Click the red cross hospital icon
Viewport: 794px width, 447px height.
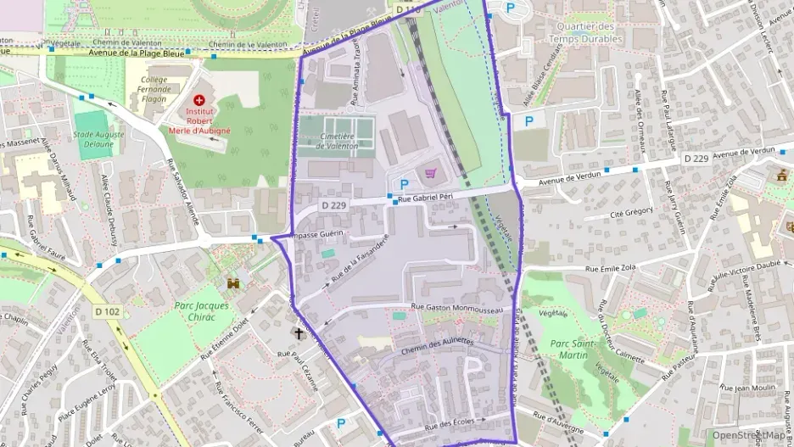198,100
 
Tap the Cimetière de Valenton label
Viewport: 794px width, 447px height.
337,141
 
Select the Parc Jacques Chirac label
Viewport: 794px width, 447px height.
201,311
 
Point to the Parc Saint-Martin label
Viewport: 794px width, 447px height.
568,349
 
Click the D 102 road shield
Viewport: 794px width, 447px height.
107,312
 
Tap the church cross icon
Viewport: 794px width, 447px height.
298,332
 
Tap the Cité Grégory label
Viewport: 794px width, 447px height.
631,213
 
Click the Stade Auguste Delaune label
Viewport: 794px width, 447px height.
94,139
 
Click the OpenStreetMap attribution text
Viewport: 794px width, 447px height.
749,434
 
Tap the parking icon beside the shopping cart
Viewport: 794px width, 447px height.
404,184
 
